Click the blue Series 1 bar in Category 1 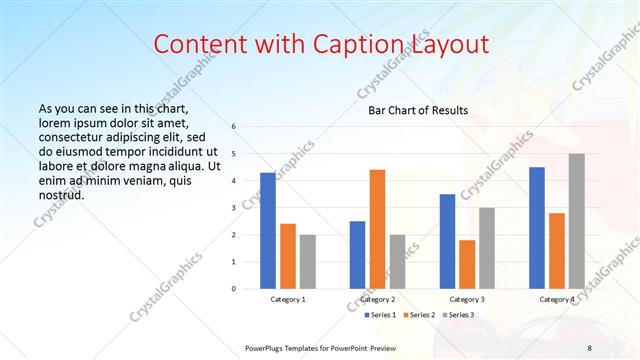[268, 231]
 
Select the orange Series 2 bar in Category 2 [377, 229]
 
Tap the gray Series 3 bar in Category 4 [577, 221]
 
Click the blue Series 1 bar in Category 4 [537, 228]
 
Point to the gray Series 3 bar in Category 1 [307, 262]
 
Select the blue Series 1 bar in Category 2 [357, 255]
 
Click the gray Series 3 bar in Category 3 [487, 248]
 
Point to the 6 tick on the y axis [233, 127]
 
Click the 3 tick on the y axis [233, 208]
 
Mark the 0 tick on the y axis [233, 289]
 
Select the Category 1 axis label [288, 299]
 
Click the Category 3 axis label [467, 299]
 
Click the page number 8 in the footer [589, 347]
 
